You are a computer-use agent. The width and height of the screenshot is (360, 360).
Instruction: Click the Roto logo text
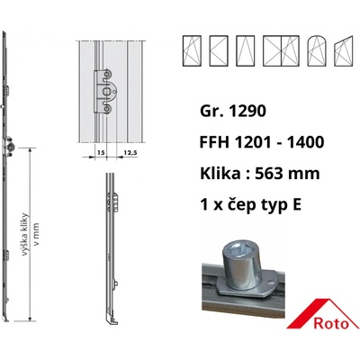(x=332, y=323)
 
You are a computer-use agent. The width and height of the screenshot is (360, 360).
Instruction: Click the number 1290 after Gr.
(x=247, y=111)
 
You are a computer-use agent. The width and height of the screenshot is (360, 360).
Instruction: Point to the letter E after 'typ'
(x=296, y=204)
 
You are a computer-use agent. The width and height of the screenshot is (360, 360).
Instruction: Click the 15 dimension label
(x=101, y=153)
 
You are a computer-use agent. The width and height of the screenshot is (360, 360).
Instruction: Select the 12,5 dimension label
(x=130, y=153)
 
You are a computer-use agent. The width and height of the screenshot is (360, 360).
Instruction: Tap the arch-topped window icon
(x=317, y=50)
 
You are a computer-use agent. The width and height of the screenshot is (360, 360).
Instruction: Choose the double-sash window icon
(x=281, y=50)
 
